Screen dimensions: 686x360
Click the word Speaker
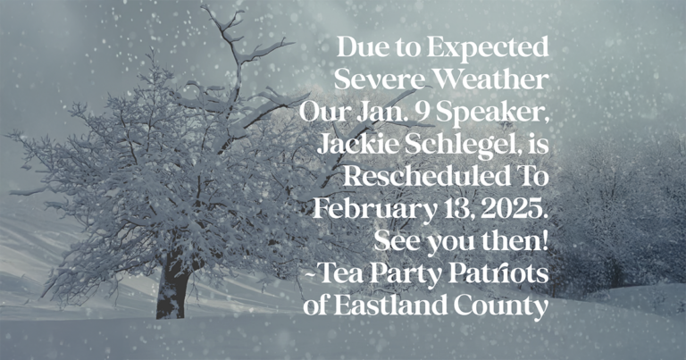tap(493, 113)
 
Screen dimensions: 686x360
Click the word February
tap(374, 210)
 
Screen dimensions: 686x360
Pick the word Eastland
tap(392, 306)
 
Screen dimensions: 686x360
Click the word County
tap(501, 306)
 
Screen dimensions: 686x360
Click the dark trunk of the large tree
tap(172, 289)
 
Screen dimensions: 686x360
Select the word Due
tap(359, 47)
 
